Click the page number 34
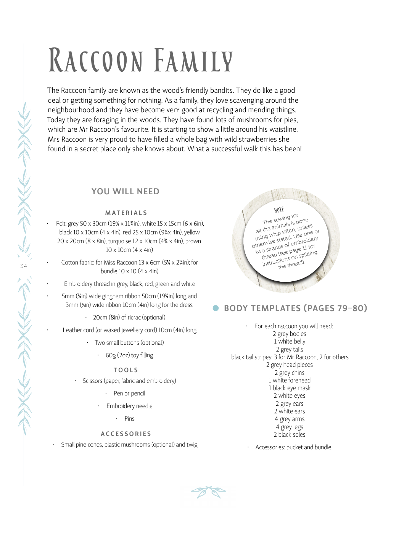click(x=24, y=266)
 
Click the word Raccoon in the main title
click(x=96, y=61)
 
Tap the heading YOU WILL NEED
click(x=126, y=192)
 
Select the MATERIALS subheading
click(x=126, y=213)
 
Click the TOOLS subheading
click(x=126, y=370)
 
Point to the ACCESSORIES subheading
click(x=126, y=434)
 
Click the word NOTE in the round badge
click(x=279, y=210)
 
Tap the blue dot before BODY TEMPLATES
click(x=216, y=308)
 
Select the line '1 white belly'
click(x=290, y=342)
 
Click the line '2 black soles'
click(x=290, y=434)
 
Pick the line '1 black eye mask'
click(x=290, y=388)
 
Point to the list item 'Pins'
click(x=129, y=419)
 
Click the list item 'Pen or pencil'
click(x=129, y=394)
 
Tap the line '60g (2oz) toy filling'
click(x=129, y=355)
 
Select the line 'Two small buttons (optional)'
click(x=129, y=343)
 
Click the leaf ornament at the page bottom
click(x=208, y=492)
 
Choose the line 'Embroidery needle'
click(x=129, y=406)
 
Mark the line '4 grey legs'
click(x=290, y=427)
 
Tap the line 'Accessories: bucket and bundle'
click(x=293, y=447)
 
